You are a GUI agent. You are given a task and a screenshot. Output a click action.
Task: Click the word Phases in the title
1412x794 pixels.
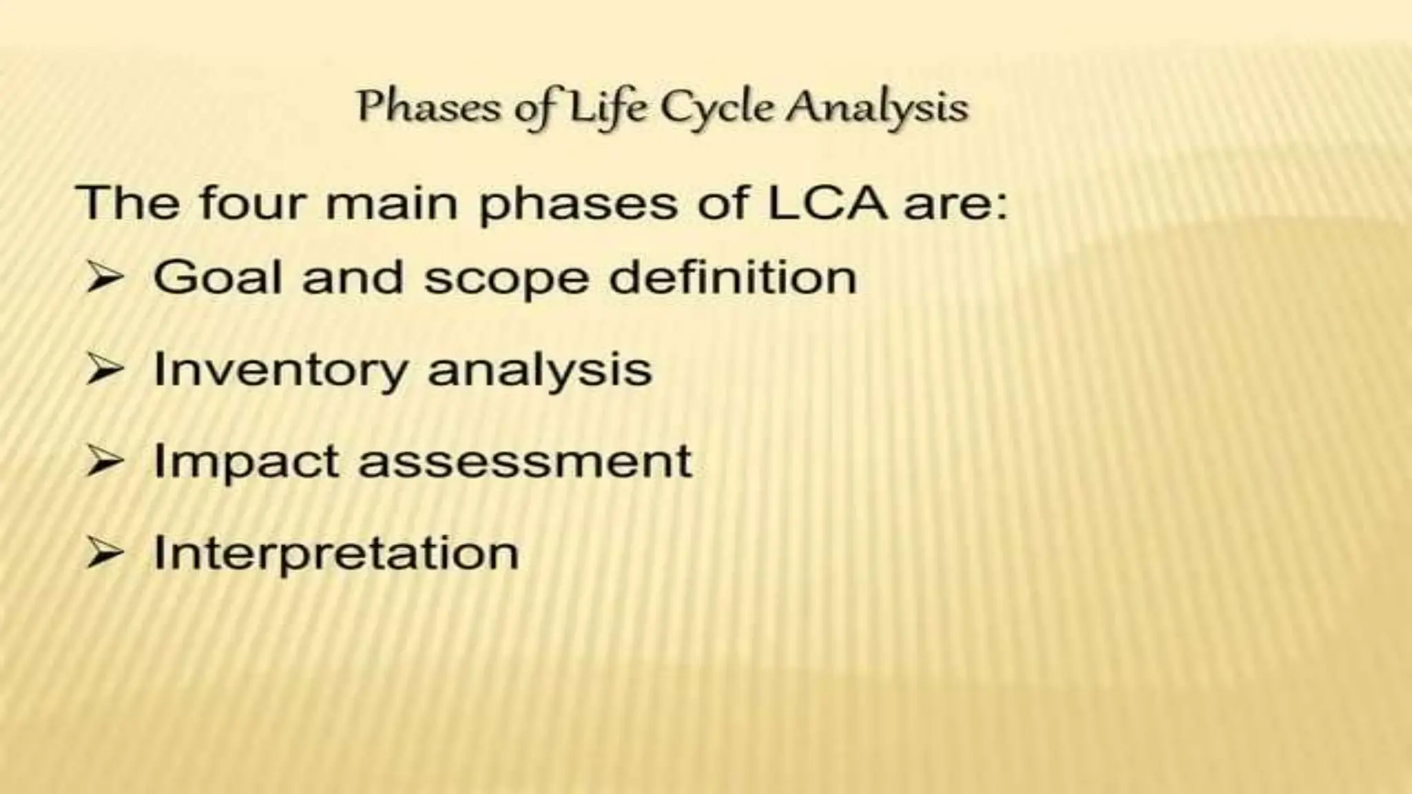[427, 108]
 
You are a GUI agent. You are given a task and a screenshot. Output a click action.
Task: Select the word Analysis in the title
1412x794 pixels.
[878, 108]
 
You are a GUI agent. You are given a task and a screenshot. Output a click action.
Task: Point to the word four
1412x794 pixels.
[252, 203]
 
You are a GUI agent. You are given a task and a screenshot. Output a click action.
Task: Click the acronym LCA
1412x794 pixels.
[827, 203]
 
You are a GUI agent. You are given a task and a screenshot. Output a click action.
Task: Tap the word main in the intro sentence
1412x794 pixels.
[392, 203]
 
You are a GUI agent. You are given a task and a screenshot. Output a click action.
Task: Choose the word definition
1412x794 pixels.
[733, 277]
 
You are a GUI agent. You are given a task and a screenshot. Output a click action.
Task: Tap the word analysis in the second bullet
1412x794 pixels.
[540, 370]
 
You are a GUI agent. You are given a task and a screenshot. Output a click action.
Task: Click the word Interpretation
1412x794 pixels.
[336, 553]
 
